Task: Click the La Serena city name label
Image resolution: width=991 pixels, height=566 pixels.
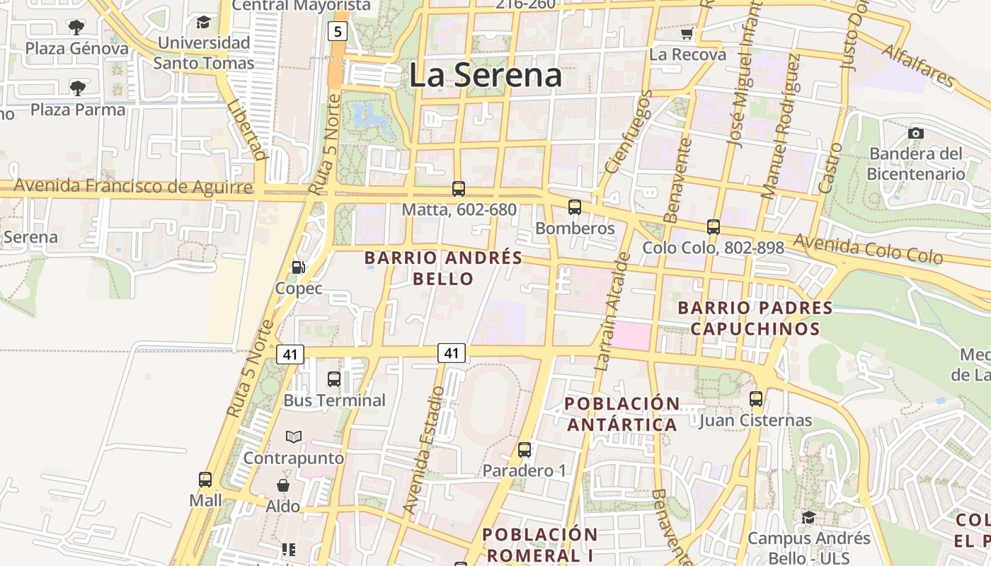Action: [x=486, y=75]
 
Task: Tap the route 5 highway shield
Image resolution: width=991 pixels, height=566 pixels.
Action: [x=338, y=31]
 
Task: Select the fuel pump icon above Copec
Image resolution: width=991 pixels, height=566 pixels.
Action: [x=299, y=267]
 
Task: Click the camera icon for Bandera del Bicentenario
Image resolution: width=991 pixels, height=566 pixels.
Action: [x=915, y=133]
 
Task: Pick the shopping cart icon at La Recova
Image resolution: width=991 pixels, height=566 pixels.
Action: [x=687, y=34]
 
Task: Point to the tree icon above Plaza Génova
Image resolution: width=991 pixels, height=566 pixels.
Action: [x=76, y=28]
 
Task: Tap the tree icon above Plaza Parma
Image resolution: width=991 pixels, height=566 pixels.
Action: [x=78, y=88]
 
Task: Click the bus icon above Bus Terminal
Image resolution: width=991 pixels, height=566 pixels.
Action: [x=334, y=379]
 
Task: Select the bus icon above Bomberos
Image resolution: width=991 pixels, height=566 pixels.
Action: [x=575, y=207]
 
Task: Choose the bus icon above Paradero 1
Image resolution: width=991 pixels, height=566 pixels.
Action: [x=525, y=449]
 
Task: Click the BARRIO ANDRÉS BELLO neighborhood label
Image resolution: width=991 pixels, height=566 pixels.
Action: [x=443, y=268]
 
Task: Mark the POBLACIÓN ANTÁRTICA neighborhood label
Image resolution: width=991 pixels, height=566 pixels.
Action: [x=623, y=414]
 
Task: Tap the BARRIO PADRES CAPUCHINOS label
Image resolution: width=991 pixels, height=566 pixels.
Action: [x=755, y=318]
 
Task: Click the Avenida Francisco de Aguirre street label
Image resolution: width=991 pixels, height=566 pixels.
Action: [x=133, y=187]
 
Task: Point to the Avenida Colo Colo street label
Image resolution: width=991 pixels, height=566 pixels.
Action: [x=868, y=249]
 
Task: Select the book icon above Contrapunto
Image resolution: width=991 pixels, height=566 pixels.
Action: [x=294, y=437]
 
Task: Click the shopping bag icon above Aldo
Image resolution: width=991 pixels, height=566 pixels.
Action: [x=283, y=485]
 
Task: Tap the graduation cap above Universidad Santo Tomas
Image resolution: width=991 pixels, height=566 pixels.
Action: [x=204, y=22]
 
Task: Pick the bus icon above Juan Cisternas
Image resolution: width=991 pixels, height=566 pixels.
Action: [x=756, y=398]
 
